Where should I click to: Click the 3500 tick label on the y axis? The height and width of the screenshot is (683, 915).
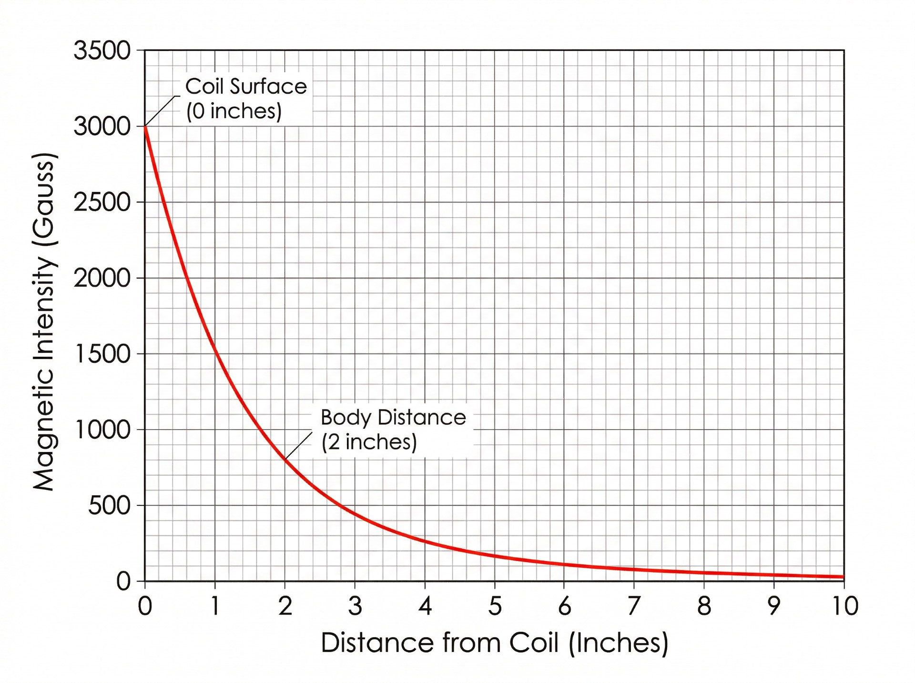pos(102,50)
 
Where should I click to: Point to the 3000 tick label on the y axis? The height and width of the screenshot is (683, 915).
pos(102,127)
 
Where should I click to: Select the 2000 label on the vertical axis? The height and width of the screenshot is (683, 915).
pos(102,278)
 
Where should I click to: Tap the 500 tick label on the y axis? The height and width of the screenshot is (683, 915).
pos(109,506)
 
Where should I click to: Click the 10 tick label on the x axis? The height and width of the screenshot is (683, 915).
pos(845,606)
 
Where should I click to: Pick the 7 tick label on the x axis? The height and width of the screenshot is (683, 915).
pos(633,606)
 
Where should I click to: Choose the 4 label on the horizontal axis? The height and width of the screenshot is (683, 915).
pos(425,606)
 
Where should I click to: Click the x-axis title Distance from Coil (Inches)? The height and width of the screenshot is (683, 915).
pos(494,643)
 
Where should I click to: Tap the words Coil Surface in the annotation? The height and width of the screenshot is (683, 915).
pos(246,87)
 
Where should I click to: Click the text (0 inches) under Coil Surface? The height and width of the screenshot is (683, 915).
pos(234,111)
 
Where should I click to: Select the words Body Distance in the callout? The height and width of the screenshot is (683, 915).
pos(393,418)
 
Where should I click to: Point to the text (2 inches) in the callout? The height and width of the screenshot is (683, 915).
pos(369,442)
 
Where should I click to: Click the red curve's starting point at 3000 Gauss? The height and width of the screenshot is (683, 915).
pos(145,127)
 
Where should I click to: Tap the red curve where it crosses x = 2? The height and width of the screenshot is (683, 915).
pos(285,459)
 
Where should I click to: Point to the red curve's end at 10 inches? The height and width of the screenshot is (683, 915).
pos(843,577)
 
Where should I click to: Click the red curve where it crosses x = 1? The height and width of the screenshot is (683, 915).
pos(215,350)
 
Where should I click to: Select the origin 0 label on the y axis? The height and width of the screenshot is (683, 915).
pos(123,582)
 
